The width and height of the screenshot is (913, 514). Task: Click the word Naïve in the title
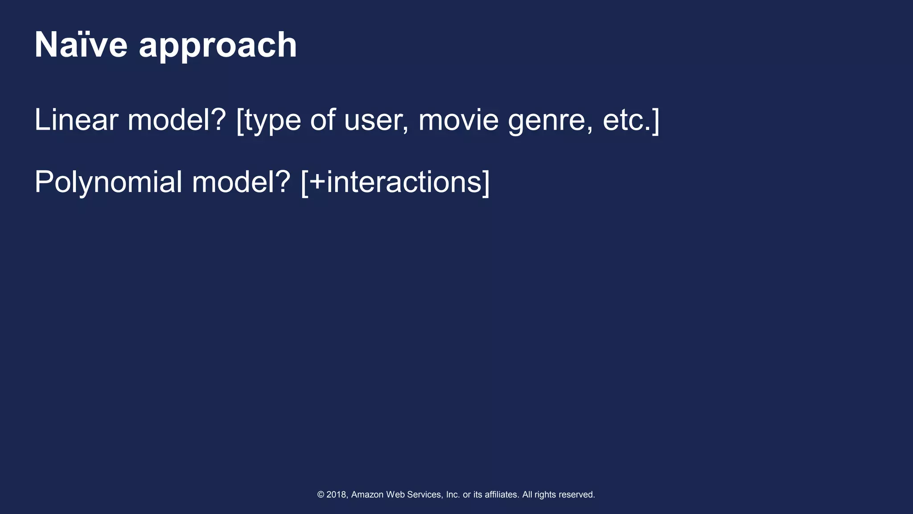tap(81, 45)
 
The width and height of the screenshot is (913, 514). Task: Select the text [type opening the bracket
tap(268, 120)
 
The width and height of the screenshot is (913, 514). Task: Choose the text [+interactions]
tap(395, 182)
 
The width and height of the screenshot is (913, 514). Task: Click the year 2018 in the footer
tap(337, 494)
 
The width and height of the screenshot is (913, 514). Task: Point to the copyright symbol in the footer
tap(321, 494)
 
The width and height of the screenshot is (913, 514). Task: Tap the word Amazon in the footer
tap(367, 494)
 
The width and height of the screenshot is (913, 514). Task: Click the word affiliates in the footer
tap(501, 494)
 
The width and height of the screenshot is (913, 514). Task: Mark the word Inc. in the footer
tap(452, 494)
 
